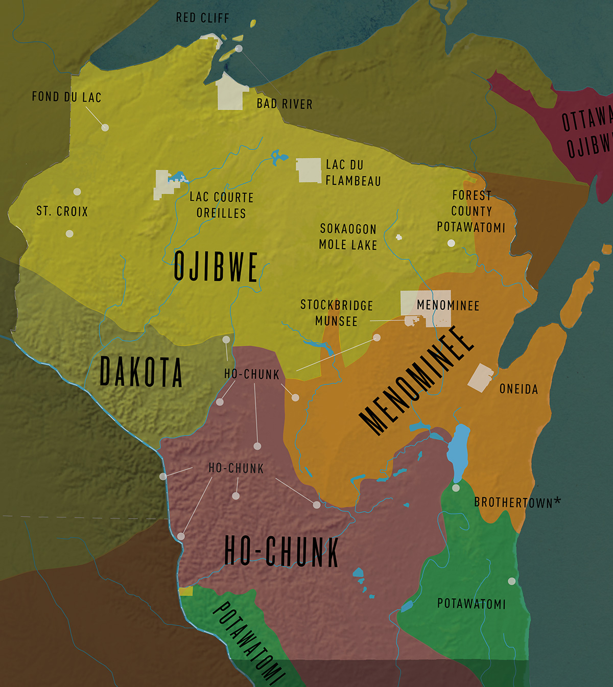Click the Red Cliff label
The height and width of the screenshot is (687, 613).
[x=202, y=18]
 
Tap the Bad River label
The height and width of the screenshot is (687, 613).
[x=284, y=104]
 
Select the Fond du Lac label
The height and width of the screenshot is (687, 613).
[x=66, y=97]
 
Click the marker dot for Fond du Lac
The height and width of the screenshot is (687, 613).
[x=105, y=127]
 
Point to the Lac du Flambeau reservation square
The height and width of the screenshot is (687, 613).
[x=309, y=170]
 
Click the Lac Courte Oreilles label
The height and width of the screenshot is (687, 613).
[x=221, y=205]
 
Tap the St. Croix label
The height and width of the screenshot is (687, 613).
[x=62, y=211]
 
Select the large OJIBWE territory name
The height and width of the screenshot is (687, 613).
[x=216, y=267]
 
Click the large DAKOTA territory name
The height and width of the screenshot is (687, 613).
[x=140, y=372]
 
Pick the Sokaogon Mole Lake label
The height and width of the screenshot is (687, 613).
[x=348, y=237]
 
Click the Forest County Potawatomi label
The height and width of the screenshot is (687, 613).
[x=471, y=211]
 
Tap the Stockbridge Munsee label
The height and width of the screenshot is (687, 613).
[x=336, y=313]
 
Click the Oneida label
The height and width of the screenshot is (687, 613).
[x=518, y=389]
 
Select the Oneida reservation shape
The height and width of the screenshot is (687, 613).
[x=480, y=378]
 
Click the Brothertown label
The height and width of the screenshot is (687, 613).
[x=516, y=503]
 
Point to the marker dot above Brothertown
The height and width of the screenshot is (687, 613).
[x=456, y=488]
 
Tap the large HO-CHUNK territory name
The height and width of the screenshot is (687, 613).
[x=281, y=552]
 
